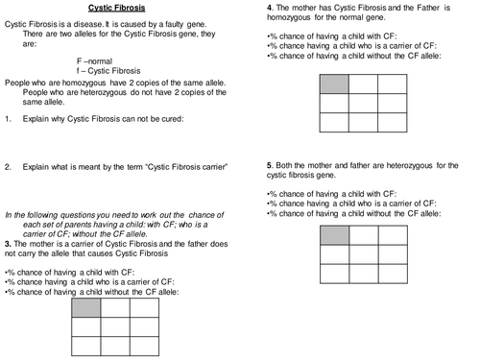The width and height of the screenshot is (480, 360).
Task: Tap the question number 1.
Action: point(8,119)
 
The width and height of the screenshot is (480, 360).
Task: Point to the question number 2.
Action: point(8,166)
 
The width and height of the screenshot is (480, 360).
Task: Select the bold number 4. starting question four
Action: point(269,9)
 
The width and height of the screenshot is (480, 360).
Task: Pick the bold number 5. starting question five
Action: point(269,166)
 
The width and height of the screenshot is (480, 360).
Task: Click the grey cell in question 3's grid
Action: point(85,308)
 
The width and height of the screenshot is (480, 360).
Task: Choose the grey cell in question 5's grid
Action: point(333,235)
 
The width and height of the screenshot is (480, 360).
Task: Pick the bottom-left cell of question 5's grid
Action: point(333,274)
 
